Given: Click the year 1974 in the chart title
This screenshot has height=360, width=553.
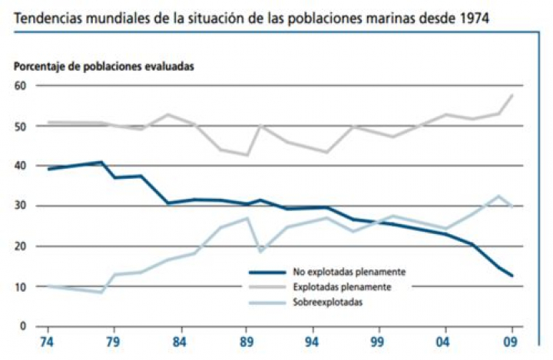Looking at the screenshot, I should click(472, 15).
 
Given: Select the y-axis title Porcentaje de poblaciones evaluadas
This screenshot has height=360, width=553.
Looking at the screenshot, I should click(104, 66).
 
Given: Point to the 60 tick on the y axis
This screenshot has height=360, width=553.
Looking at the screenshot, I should click(20, 86).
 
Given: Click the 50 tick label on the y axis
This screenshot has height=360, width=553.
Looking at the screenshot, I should click(20, 126).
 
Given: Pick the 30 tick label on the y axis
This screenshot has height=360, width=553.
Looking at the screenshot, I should click(20, 206).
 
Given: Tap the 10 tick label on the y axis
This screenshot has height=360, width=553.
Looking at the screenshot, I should click(20, 286).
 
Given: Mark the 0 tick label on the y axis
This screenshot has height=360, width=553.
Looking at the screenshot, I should click(23, 326).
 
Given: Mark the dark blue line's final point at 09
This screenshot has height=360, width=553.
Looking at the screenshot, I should click(512, 276).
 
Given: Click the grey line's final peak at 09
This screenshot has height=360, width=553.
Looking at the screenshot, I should click(512, 95).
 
